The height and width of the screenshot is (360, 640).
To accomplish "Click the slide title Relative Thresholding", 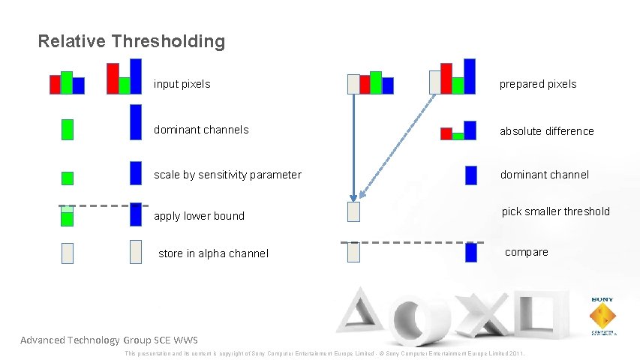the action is [x=131, y=41].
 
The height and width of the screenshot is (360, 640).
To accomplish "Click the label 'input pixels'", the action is [x=182, y=84].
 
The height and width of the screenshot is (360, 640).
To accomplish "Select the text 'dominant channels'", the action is [x=201, y=130].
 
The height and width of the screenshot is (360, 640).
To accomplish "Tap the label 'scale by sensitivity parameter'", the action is [x=227, y=175].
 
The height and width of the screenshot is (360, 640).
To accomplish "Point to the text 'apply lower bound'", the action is [x=199, y=216].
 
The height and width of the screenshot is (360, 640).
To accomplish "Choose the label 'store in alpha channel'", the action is [x=213, y=253].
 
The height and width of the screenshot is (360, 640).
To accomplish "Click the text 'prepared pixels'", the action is [x=538, y=84].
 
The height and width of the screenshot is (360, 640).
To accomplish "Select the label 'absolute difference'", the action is [x=547, y=131].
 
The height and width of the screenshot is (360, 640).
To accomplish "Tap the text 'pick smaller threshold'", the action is [x=555, y=211].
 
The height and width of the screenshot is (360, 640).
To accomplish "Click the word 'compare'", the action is [x=526, y=252].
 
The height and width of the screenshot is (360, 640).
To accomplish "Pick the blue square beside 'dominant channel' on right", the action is [x=470, y=175].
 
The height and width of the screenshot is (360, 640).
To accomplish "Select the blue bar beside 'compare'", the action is [x=470, y=252].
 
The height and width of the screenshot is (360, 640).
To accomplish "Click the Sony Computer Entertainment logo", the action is [x=602, y=315].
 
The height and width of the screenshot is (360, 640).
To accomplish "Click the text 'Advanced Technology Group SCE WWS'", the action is [x=109, y=340].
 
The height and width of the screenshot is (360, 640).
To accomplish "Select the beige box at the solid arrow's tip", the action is [x=353, y=212].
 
